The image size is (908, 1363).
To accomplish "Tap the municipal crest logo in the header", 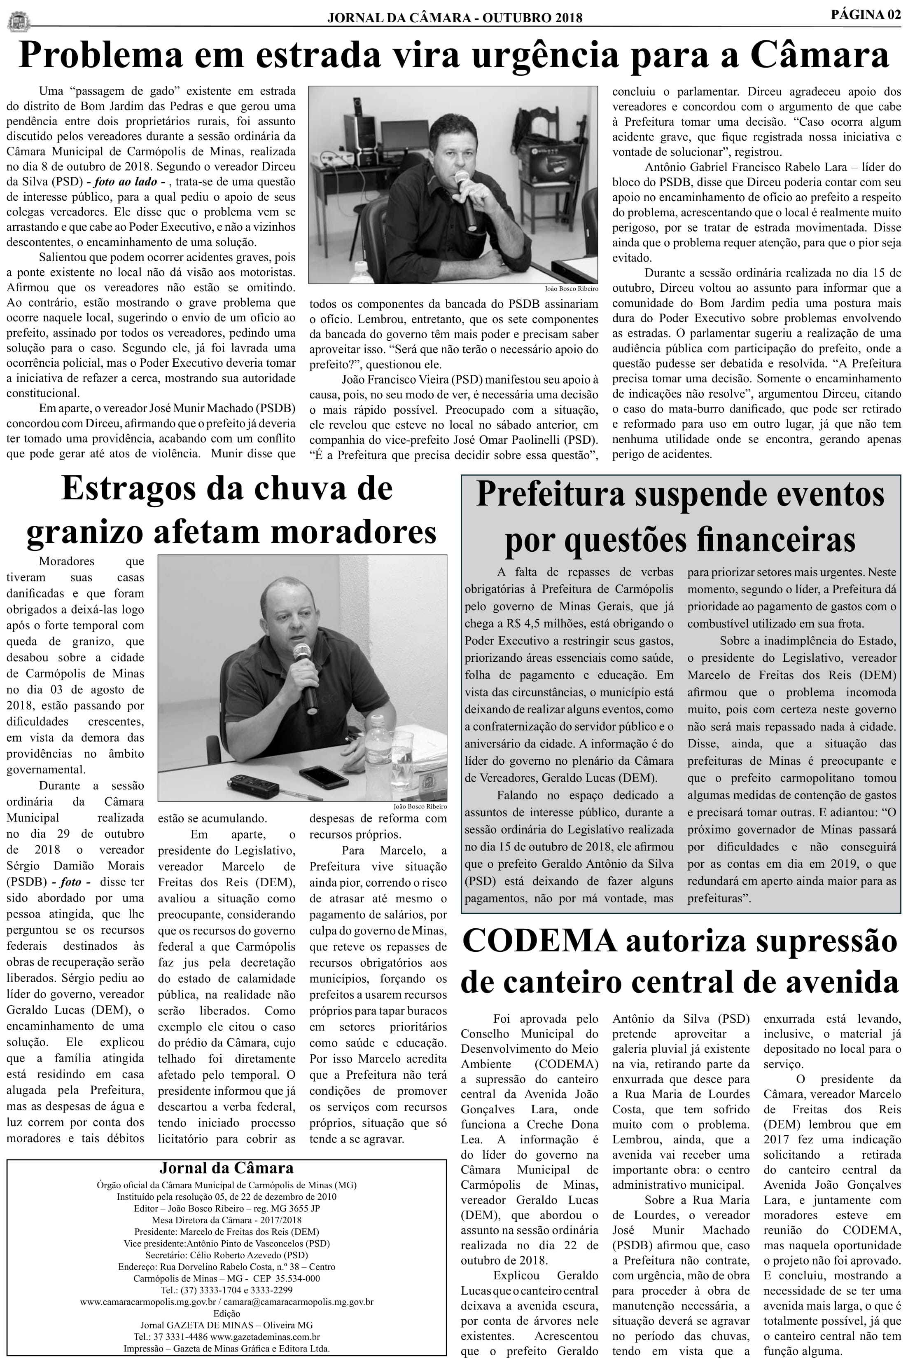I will coord(19,22).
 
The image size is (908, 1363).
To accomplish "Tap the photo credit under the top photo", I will coord(571,288).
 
